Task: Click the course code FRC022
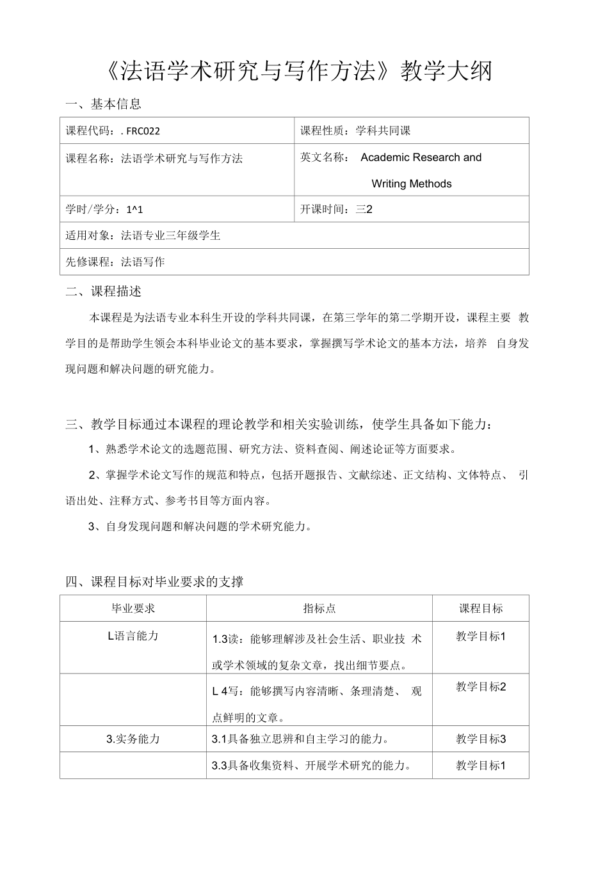pyautogui.click(x=143, y=131)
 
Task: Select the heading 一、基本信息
pyautogui.click(x=104, y=103)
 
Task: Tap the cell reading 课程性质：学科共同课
pyautogui.click(x=355, y=131)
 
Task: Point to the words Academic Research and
pyautogui.click(x=421, y=157)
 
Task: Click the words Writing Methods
pyautogui.click(x=411, y=184)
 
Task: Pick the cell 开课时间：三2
pyautogui.click(x=336, y=209)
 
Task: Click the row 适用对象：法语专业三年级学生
pyautogui.click(x=143, y=235)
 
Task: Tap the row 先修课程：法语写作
pyautogui.click(x=115, y=262)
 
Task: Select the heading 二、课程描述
pyautogui.click(x=104, y=291)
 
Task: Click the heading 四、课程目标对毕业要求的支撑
pyautogui.click(x=154, y=581)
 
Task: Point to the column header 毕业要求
pyautogui.click(x=133, y=608)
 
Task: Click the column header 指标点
pyautogui.click(x=319, y=608)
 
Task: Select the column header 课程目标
pyautogui.click(x=481, y=608)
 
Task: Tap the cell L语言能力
pyautogui.click(x=133, y=636)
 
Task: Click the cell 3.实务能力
pyautogui.click(x=133, y=739)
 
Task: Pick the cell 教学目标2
pyautogui.click(x=481, y=687)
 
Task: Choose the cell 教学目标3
pyautogui.click(x=481, y=739)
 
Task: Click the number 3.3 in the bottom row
pyautogui.click(x=220, y=765)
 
